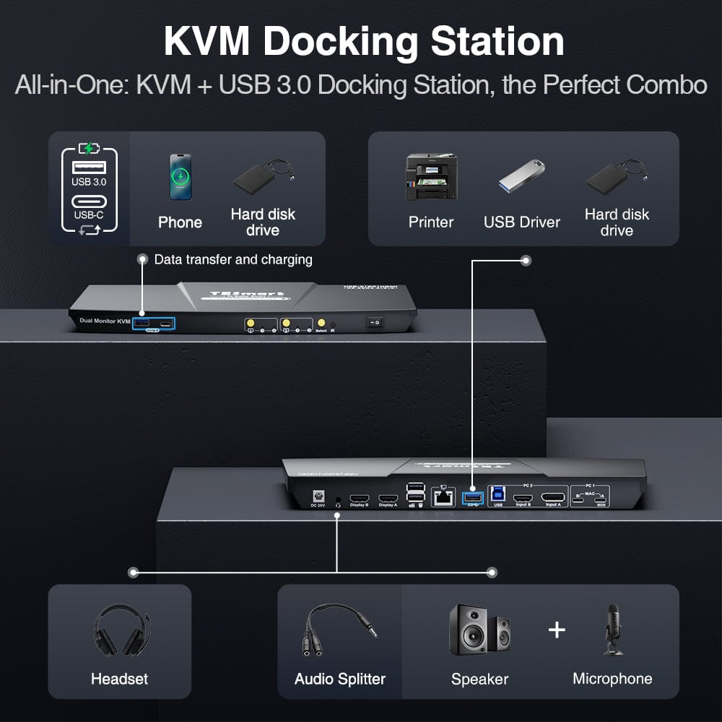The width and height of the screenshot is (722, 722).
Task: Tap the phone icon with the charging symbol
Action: [180, 176]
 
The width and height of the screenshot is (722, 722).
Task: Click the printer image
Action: [431, 178]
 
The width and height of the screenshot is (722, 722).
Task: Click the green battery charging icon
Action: [89, 149]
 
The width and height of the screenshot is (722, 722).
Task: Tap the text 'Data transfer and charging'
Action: [233, 259]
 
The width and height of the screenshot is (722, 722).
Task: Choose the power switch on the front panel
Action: [374, 323]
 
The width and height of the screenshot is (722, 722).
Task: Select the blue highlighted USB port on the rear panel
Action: [473, 497]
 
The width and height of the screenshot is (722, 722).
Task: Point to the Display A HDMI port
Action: [388, 498]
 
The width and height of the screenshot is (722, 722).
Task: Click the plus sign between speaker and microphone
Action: [556, 630]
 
